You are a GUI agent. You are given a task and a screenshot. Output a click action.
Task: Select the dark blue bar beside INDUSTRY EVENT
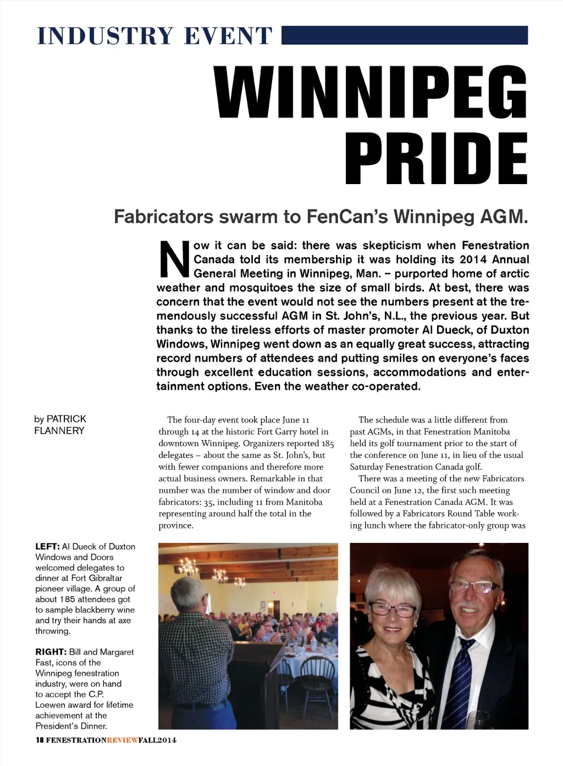pos(405,35)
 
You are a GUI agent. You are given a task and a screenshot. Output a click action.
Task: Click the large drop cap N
pos(174,259)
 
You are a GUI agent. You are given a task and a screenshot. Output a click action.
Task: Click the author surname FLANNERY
pos(59,431)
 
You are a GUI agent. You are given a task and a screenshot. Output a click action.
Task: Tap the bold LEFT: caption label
pos(47,546)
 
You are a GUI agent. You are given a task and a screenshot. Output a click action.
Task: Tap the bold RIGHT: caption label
pos(51,652)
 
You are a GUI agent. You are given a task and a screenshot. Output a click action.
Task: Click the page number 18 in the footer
pos(40,740)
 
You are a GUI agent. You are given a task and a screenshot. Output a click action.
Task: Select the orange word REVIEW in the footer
pos(123,740)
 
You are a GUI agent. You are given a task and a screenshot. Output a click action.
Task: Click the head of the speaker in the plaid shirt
pos(187,593)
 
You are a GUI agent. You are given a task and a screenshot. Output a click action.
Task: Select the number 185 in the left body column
pos(328,443)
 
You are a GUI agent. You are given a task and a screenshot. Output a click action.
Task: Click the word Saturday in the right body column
pos(366,467)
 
